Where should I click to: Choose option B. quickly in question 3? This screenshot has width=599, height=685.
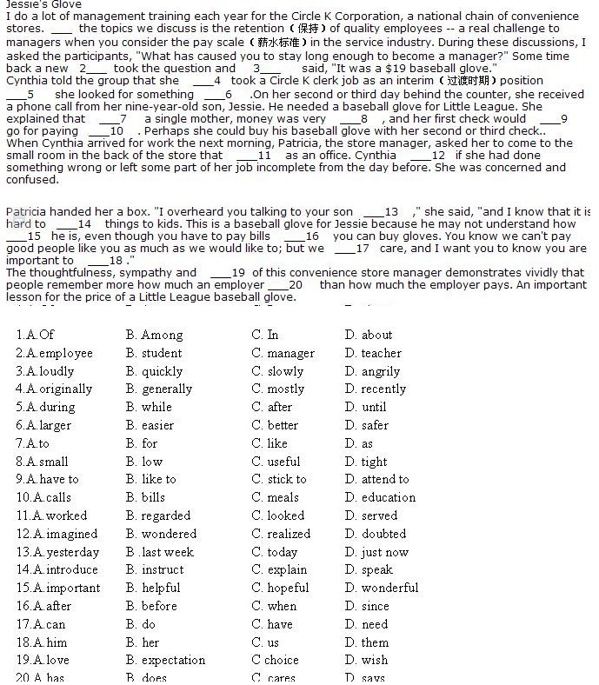pyautogui.click(x=154, y=371)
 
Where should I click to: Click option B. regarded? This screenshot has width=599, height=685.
pyautogui.click(x=157, y=515)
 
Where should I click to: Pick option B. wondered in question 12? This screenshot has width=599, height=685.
pyautogui.click(x=161, y=534)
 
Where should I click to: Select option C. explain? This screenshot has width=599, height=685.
pyautogui.click(x=279, y=569)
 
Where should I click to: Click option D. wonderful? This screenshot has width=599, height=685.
pyautogui.click(x=381, y=588)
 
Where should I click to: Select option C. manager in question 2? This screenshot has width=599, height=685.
pyautogui.click(x=283, y=353)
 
